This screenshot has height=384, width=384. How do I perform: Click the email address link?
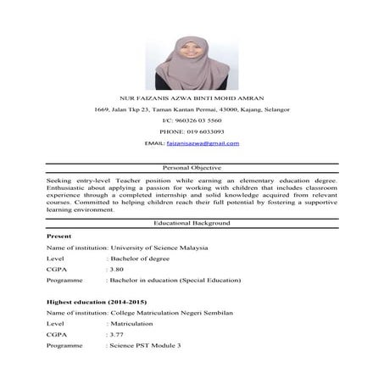coord(209,143)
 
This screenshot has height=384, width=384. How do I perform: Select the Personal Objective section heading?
coord(192,169)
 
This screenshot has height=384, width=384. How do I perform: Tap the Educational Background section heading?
coord(192,221)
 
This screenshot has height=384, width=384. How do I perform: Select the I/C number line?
coord(192,120)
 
